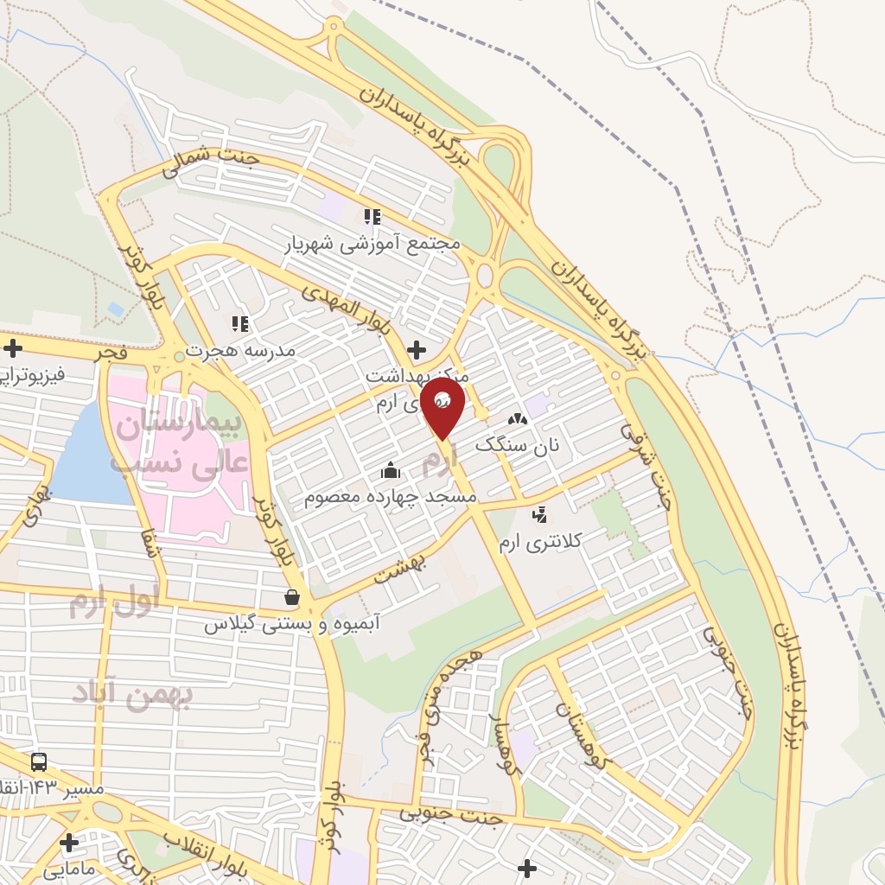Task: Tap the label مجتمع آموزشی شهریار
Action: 373,245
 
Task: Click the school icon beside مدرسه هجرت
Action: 239,324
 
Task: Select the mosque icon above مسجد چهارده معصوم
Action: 391,471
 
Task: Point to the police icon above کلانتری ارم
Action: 540,516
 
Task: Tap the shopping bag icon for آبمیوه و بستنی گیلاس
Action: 292,597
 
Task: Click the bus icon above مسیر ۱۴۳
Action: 39,762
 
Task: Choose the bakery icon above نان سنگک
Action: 517,419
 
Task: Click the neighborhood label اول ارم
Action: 114,602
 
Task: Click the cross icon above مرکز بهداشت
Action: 417,350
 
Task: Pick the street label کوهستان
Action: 583,736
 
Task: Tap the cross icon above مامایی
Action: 68,843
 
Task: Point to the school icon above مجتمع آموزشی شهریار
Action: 372,216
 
